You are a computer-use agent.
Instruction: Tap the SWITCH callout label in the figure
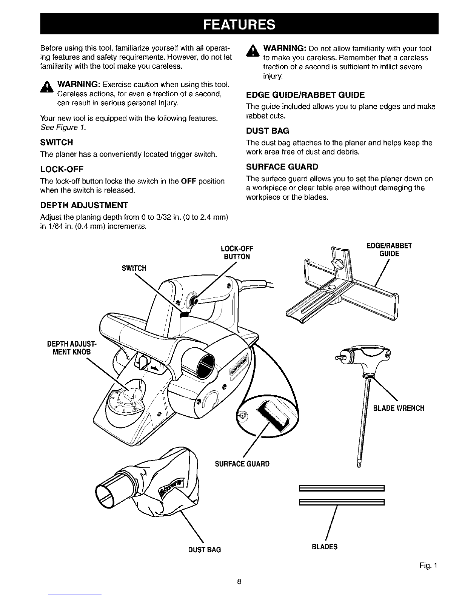pos(132,268)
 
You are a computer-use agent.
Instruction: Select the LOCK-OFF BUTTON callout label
pos(236,253)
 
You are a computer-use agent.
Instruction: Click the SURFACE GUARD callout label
pos(242,464)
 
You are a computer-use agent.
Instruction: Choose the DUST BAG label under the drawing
pos(204,550)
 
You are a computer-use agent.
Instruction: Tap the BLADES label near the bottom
pos(325,547)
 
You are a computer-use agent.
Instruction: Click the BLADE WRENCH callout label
pos(399,408)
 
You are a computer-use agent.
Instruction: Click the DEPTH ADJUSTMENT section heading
pos(84,205)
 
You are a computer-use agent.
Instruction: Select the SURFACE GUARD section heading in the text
pos(282,167)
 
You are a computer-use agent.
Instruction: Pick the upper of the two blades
pos(341,488)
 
